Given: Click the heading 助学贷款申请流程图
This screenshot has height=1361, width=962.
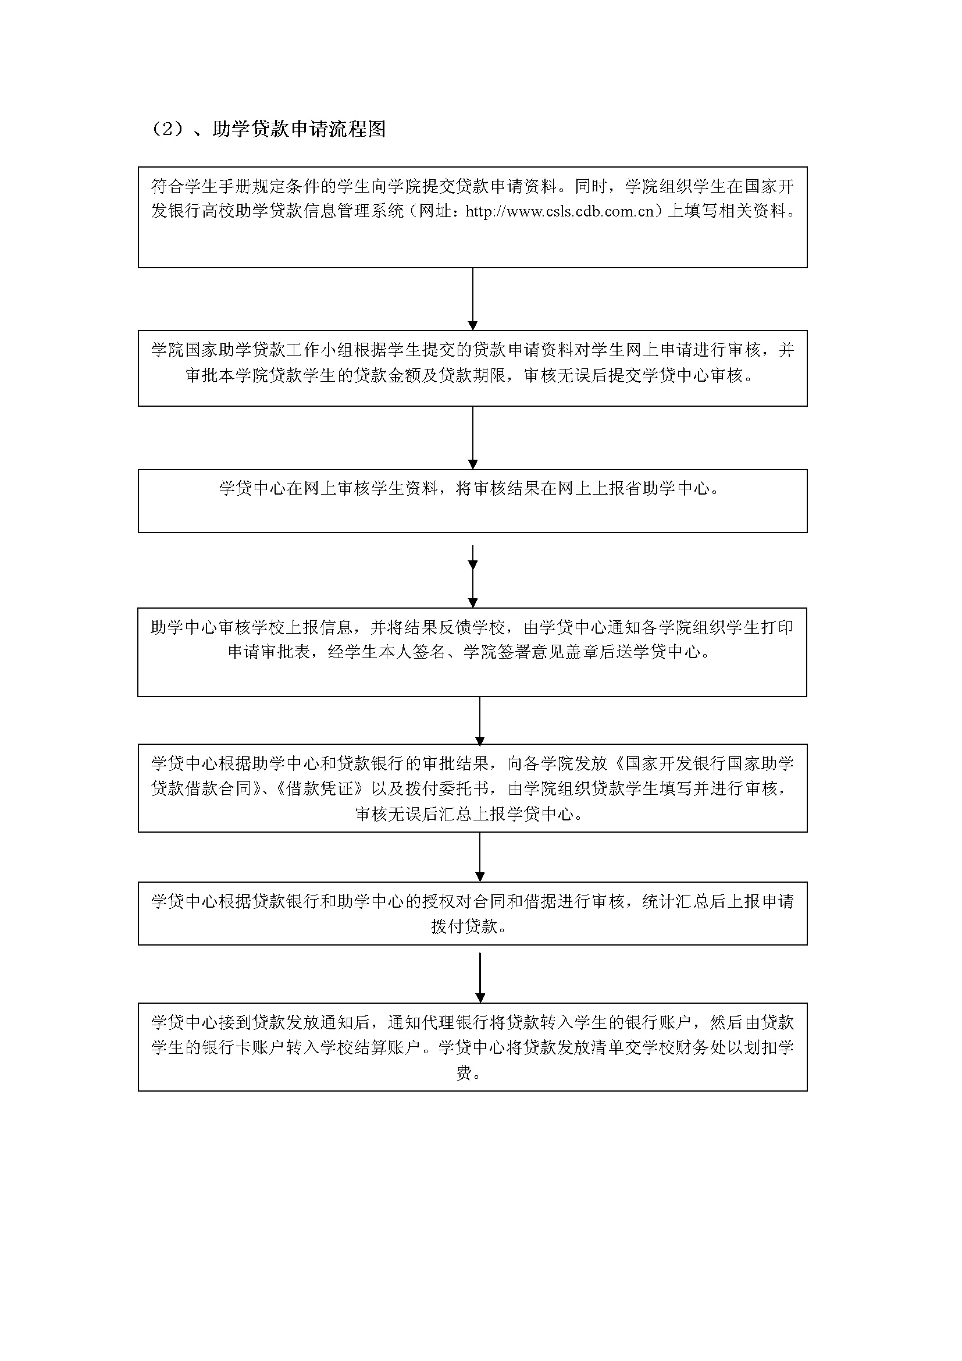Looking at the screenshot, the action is tap(298, 129).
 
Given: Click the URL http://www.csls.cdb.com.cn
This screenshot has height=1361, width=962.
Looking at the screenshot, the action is tap(560, 212).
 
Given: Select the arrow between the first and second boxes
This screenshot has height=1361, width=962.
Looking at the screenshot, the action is tap(473, 299).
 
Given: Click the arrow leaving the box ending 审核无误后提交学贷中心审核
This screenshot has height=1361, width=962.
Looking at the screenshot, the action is tap(473, 438).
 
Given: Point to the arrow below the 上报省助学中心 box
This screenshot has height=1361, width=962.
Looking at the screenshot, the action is tap(473, 576).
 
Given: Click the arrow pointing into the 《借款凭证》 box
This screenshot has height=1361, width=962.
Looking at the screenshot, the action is tap(480, 721).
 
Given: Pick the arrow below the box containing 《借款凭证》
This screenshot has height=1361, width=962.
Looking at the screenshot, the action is tap(480, 857).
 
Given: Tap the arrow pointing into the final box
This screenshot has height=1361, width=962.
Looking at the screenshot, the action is tap(480, 977).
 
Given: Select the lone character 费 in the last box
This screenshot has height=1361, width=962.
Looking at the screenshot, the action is tap(464, 1072).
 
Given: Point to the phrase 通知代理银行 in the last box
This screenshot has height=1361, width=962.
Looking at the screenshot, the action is tap(439, 1022).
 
